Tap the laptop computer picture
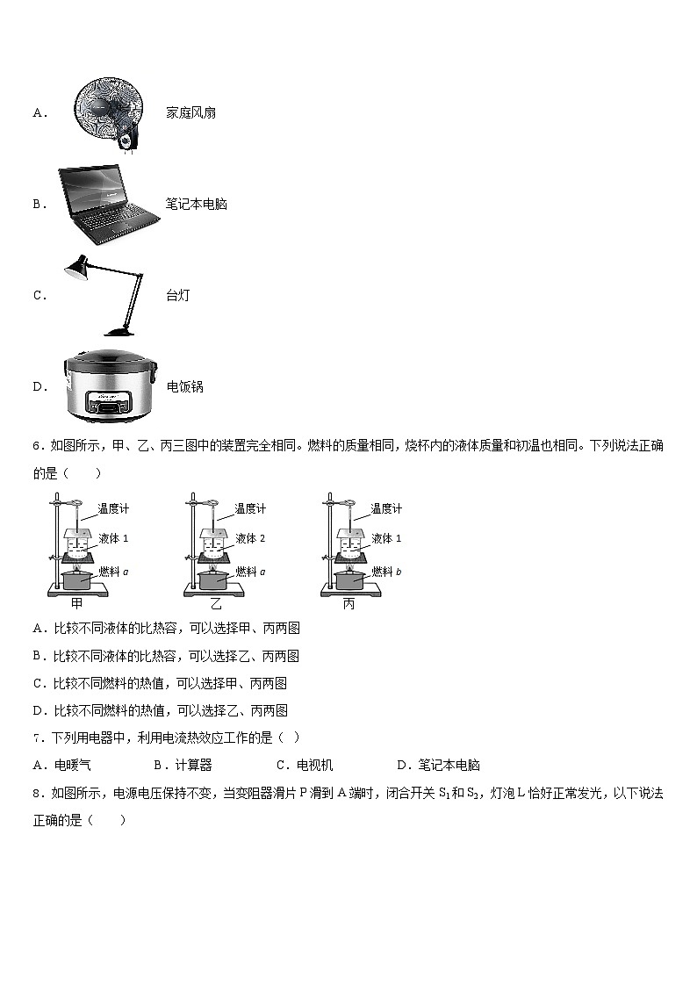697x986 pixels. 104,205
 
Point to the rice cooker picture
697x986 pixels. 108,386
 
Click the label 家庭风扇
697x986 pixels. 190,112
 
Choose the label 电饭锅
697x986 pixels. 184,386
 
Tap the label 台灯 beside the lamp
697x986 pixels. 177,295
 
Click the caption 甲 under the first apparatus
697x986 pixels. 76,604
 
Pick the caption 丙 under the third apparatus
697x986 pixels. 348,604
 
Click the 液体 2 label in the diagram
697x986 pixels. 249,538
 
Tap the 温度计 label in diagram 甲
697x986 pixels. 113,508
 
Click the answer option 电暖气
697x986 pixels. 73,765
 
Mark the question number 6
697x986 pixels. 37,446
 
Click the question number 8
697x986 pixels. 37,793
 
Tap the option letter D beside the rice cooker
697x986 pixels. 40,386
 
